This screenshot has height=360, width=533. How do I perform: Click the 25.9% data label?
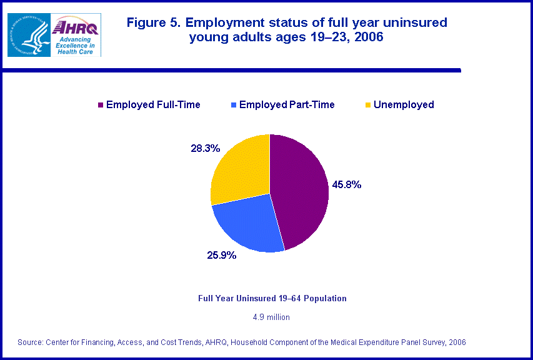coord(222,255)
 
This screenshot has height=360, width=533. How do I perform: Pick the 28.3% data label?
coord(206,148)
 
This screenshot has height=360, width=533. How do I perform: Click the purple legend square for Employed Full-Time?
coord(100,105)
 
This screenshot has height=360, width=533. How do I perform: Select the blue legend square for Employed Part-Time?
coord(233,105)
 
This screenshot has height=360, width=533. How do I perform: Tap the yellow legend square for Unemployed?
coord(368,105)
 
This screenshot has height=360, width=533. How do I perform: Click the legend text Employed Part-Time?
coord(287,105)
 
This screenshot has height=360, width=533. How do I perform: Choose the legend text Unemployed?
coord(404,105)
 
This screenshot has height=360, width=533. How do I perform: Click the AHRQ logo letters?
coord(75,27)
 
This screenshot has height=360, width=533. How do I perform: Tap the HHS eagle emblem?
coord(29,34)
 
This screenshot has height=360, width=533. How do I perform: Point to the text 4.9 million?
coord(271,317)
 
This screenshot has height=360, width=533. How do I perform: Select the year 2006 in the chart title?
coord(368,37)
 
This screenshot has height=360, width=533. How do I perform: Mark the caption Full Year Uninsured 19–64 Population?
coord(272,299)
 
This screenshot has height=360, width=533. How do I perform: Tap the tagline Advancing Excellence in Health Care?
coord(75,45)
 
